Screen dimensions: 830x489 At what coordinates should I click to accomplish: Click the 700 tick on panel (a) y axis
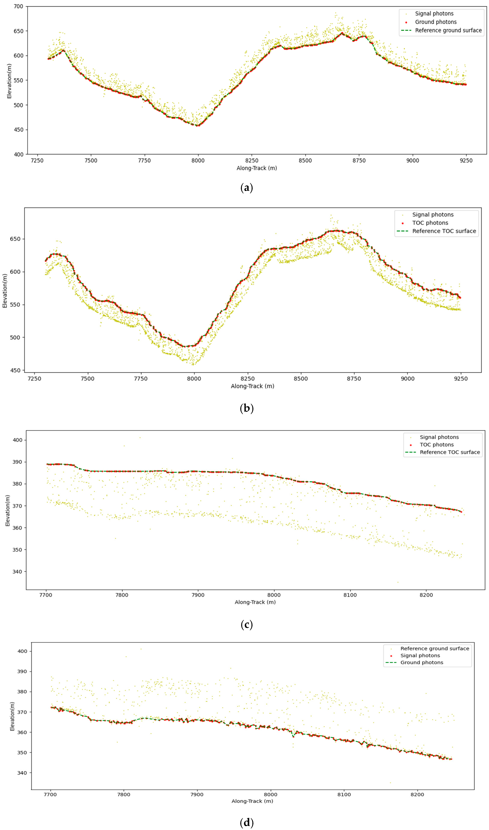pos(18,6)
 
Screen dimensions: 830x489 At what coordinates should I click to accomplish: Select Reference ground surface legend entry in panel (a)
pos(448,30)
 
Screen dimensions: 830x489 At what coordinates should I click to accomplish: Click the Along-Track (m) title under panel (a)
pos(257,168)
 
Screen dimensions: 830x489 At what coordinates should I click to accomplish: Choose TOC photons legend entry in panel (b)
pos(430,223)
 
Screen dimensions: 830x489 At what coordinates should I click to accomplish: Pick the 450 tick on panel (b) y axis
pos(15,370)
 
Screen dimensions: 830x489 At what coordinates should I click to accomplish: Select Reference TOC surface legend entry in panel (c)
pos(450,452)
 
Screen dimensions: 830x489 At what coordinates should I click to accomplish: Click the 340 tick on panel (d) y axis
pos(22,773)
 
